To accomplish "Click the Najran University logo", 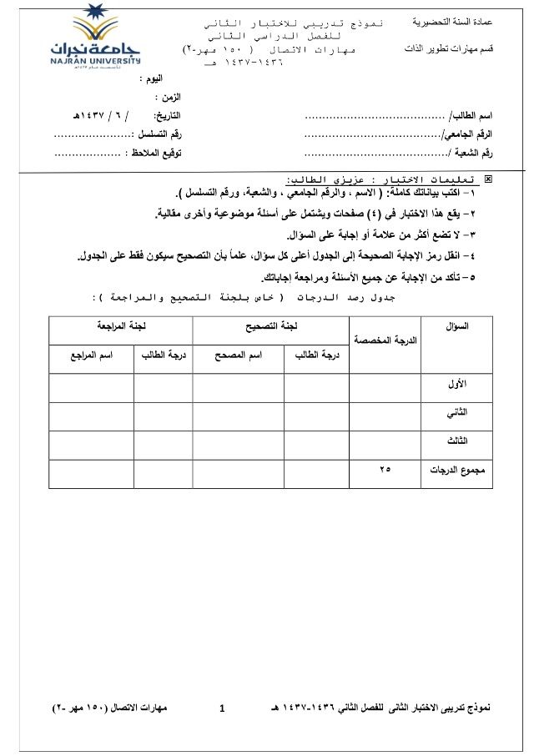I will pos(89,38).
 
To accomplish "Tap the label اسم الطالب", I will pos(471,115).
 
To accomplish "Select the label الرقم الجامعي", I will pos(466,134).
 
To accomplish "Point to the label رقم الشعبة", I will pos(470,153).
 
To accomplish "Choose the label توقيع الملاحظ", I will pos(154,153).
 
